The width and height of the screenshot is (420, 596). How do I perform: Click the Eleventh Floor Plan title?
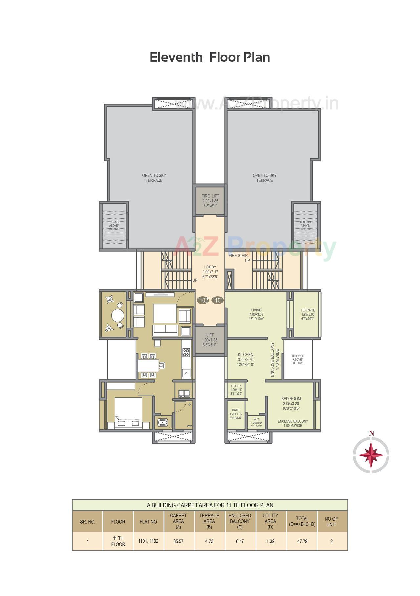click(210, 57)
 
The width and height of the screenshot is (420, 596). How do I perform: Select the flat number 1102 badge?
click(202, 300)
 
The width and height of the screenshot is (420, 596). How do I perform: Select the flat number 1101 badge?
click(218, 300)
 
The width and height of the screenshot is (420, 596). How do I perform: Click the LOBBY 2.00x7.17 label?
click(210, 272)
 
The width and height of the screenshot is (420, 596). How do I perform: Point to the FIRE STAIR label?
click(239, 255)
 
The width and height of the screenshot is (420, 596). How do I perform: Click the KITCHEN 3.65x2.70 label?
click(245, 359)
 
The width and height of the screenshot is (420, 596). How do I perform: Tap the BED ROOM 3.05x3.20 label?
click(291, 404)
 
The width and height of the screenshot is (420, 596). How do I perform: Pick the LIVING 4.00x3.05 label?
click(256, 314)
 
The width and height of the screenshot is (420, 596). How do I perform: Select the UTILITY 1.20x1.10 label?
click(236, 390)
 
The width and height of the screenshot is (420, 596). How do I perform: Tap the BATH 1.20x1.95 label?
click(236, 414)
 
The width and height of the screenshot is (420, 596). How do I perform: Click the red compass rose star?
click(371, 456)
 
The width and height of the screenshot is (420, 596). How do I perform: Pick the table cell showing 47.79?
click(302, 541)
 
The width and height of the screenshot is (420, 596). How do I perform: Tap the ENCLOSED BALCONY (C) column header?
click(240, 521)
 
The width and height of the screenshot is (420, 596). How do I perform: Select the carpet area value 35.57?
click(178, 541)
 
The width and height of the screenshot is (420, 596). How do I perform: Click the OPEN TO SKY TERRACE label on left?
click(154, 178)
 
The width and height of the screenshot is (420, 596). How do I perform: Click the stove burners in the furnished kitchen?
click(186, 353)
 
